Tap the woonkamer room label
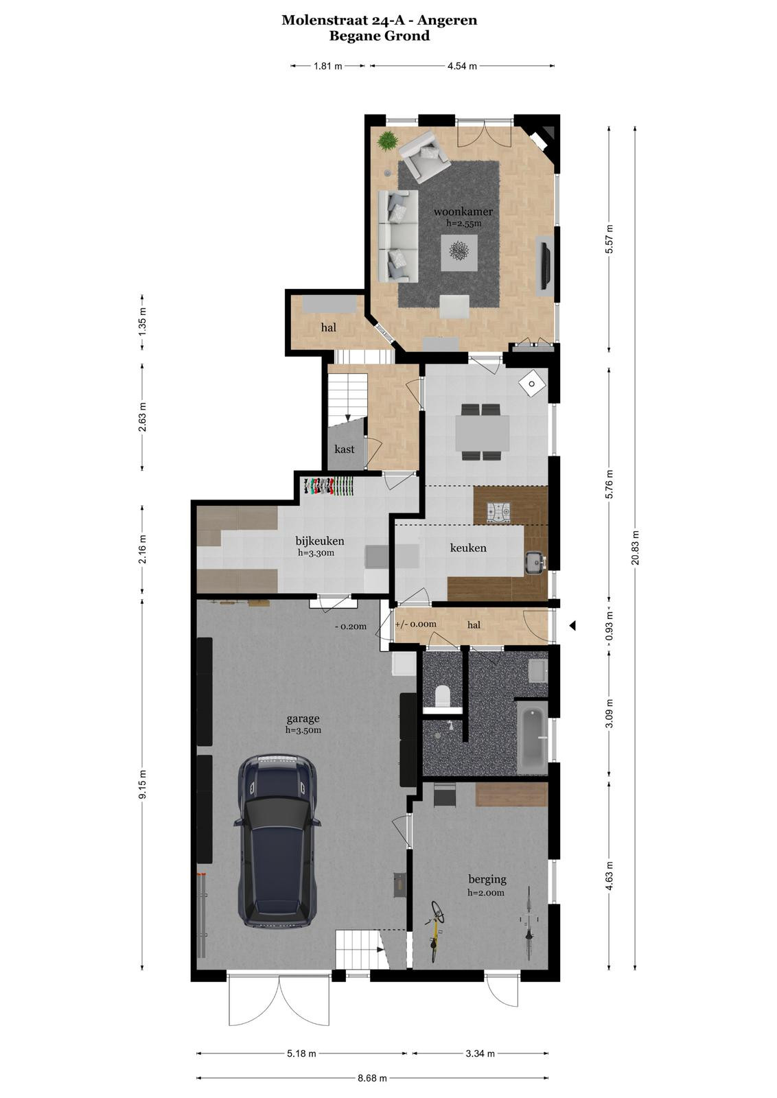463,212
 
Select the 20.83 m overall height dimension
636,547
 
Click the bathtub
533,738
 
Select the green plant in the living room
388,140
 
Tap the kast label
344,449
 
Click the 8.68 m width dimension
372,1078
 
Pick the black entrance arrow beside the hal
572,625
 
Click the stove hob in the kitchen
498,512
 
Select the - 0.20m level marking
350,627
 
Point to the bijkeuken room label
320,541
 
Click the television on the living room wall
544,265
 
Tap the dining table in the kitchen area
483,433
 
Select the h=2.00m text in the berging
485,893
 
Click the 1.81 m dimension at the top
328,66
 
